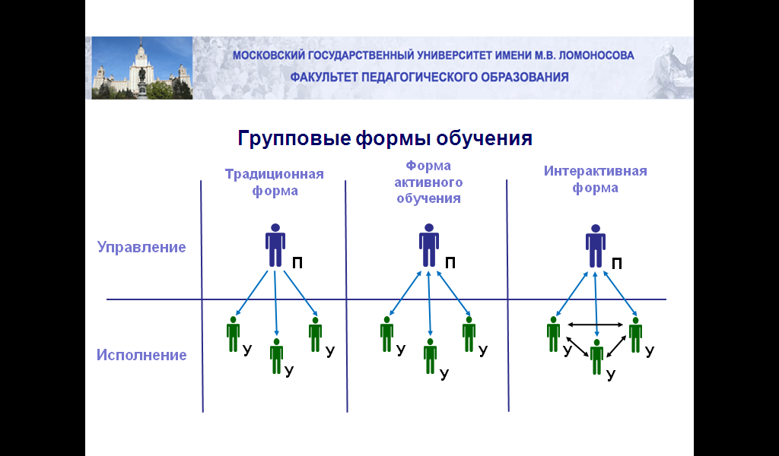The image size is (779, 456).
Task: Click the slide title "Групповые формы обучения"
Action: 385,138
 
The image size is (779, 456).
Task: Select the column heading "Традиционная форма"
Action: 274,182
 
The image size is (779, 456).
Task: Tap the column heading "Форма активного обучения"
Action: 428,182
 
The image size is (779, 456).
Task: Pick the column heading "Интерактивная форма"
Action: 595,179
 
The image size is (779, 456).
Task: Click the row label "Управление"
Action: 141,247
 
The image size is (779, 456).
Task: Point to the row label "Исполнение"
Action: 141,355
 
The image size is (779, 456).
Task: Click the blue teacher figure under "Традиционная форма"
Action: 275,245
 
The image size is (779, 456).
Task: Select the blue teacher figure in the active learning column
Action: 429,245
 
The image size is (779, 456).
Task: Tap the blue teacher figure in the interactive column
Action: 595,245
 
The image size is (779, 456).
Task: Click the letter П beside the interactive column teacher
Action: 616,264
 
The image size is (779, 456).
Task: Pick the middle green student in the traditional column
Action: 276,356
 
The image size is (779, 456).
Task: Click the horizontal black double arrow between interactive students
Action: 595,325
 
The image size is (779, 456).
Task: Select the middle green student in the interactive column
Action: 596,356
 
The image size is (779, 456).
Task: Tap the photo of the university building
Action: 142,68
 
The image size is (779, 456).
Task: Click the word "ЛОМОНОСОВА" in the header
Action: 596,55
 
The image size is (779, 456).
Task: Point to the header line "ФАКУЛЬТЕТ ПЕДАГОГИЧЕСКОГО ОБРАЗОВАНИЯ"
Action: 429,78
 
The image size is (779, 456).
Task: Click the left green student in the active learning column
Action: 386,334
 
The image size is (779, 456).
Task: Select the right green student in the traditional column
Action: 315,334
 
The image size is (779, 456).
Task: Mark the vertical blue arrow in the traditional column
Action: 275,303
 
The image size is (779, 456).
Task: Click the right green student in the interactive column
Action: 635,335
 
